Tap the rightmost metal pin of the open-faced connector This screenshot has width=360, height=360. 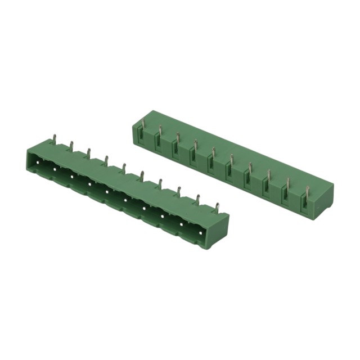(x=217, y=207)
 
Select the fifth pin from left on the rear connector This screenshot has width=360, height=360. (x=213, y=152)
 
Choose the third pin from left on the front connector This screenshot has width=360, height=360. (x=88, y=152)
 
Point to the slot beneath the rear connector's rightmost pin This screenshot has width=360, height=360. (x=305, y=204)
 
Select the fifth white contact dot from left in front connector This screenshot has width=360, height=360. (x=107, y=191)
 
